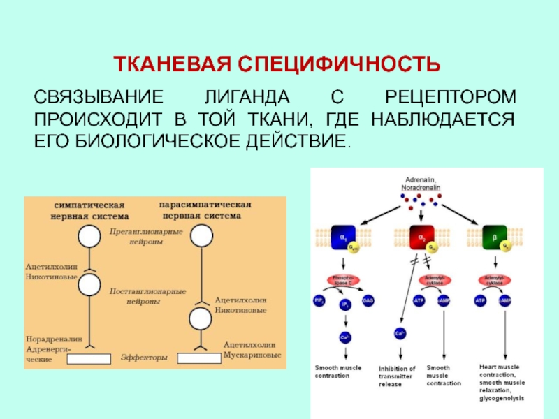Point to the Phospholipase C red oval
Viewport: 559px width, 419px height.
point(343,281)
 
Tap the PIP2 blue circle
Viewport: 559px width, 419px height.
point(319,301)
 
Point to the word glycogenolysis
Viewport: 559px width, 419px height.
point(502,399)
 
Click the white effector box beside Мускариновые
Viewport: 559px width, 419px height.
point(199,358)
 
